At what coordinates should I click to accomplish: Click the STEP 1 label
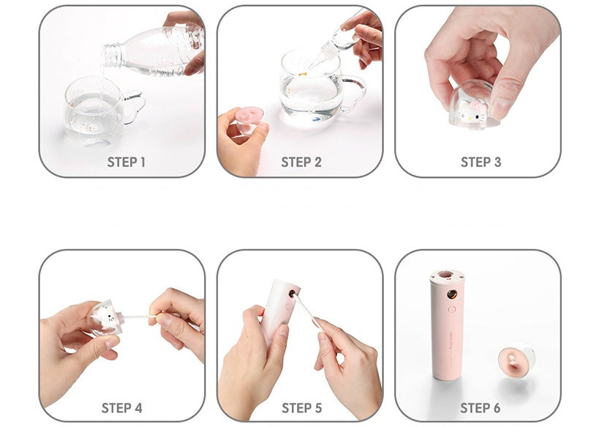pyautogui.click(x=126, y=162)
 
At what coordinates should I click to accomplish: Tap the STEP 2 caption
pyautogui.click(x=301, y=162)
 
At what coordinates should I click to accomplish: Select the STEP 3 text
pyautogui.click(x=481, y=162)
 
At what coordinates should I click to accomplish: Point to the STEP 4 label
pyautogui.click(x=121, y=408)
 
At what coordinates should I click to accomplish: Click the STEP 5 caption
pyautogui.click(x=301, y=408)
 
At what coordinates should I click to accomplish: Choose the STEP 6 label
pyautogui.click(x=481, y=408)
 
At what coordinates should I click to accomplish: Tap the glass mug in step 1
pyautogui.click(x=95, y=110)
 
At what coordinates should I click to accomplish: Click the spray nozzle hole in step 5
pyautogui.click(x=293, y=292)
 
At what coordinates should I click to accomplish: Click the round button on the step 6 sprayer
pyautogui.click(x=452, y=310)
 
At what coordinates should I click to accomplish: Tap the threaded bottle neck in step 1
pyautogui.click(x=113, y=53)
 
